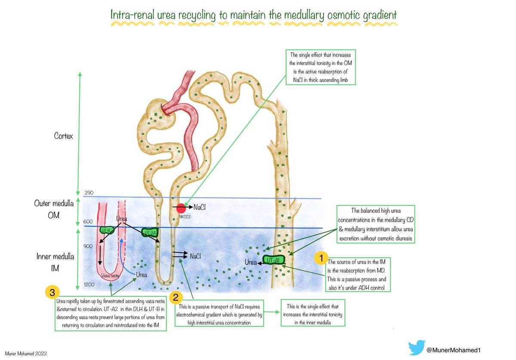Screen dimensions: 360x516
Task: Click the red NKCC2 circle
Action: (x=181, y=208)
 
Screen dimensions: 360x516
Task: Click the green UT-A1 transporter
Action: (x=271, y=260)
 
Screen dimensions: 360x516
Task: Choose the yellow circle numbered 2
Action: (x=176, y=296)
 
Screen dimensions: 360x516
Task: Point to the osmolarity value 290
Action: (x=89, y=193)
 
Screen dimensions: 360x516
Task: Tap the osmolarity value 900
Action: (x=89, y=246)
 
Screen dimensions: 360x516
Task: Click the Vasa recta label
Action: (x=109, y=276)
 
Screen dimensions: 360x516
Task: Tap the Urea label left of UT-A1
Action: (x=251, y=262)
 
